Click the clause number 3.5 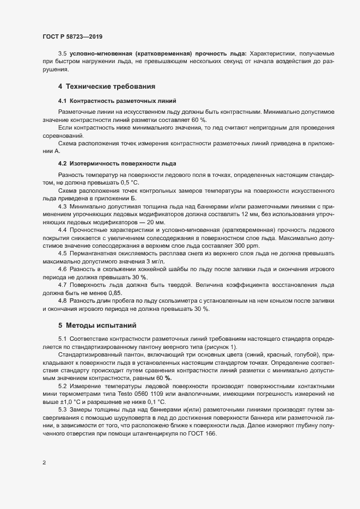[62, 54]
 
